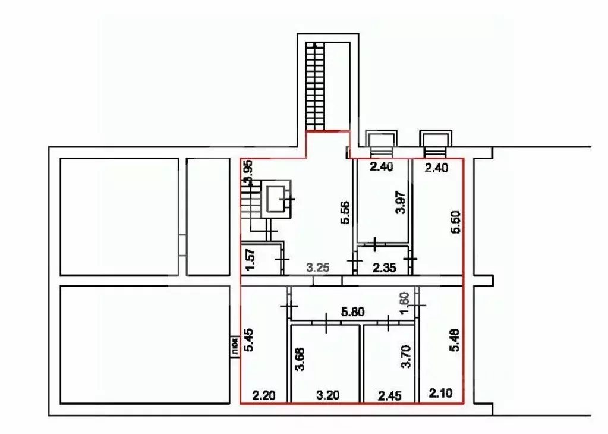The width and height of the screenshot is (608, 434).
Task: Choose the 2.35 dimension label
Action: point(384,268)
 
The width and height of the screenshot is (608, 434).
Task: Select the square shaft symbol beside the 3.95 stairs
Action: point(278,200)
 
